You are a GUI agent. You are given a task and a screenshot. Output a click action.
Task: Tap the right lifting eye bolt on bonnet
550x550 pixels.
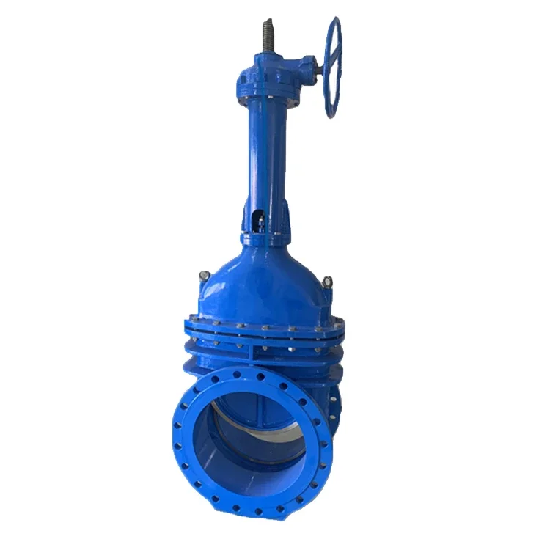coord(327,282)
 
